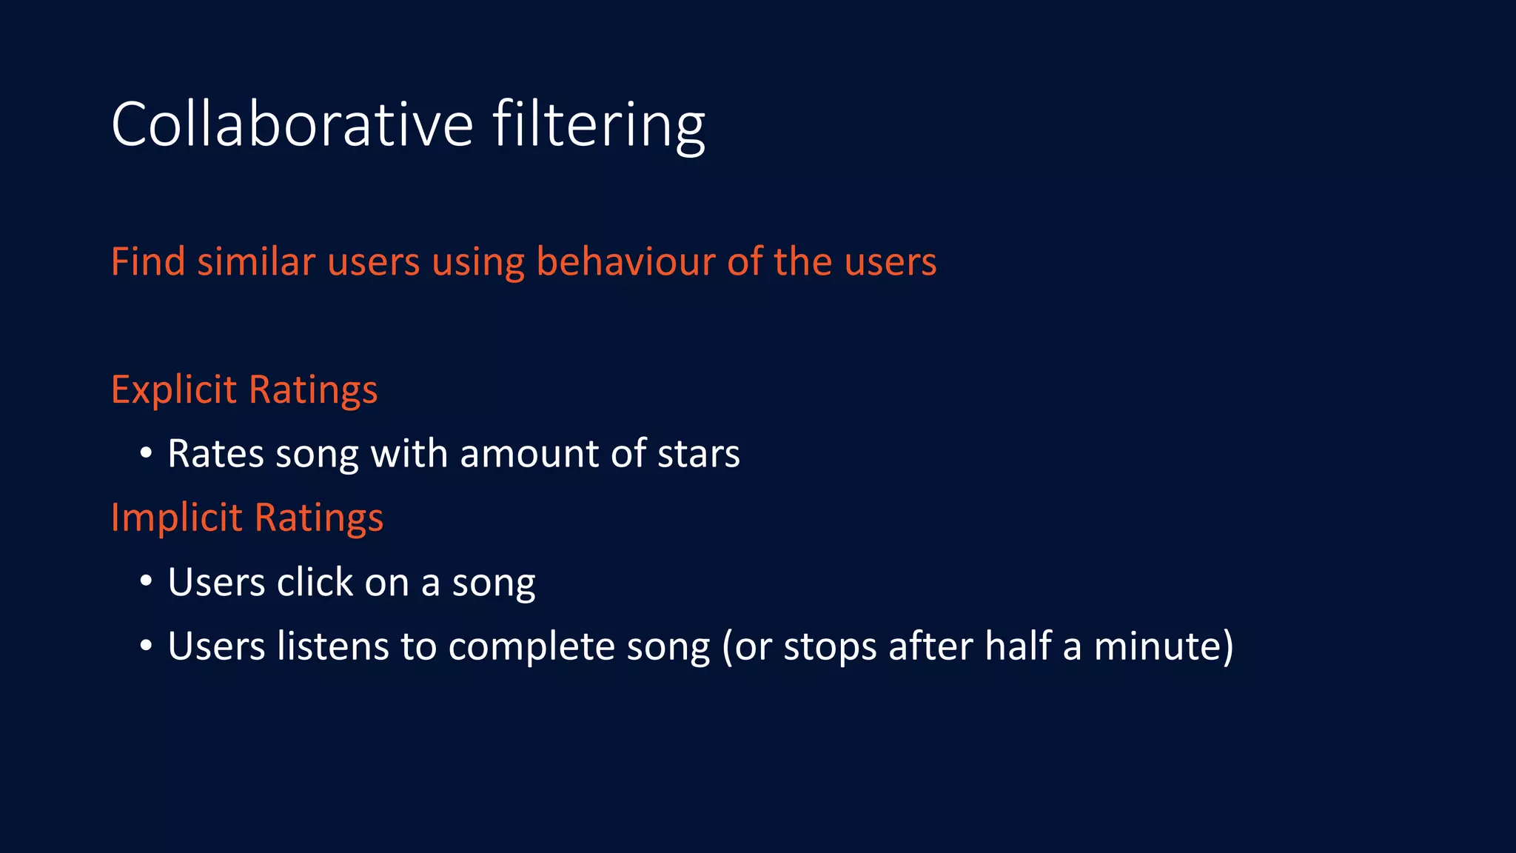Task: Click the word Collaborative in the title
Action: click(x=292, y=124)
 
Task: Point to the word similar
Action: click(x=256, y=261)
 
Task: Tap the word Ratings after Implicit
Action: click(x=319, y=518)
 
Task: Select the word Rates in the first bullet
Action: click(x=215, y=453)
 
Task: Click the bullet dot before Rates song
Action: click(x=147, y=452)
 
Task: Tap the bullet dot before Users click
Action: click(x=147, y=581)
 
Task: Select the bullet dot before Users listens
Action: click(x=147, y=646)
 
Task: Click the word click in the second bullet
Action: click(x=315, y=582)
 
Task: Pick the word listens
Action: click(x=332, y=646)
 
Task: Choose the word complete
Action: click(x=531, y=647)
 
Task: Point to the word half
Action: click(x=1018, y=646)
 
